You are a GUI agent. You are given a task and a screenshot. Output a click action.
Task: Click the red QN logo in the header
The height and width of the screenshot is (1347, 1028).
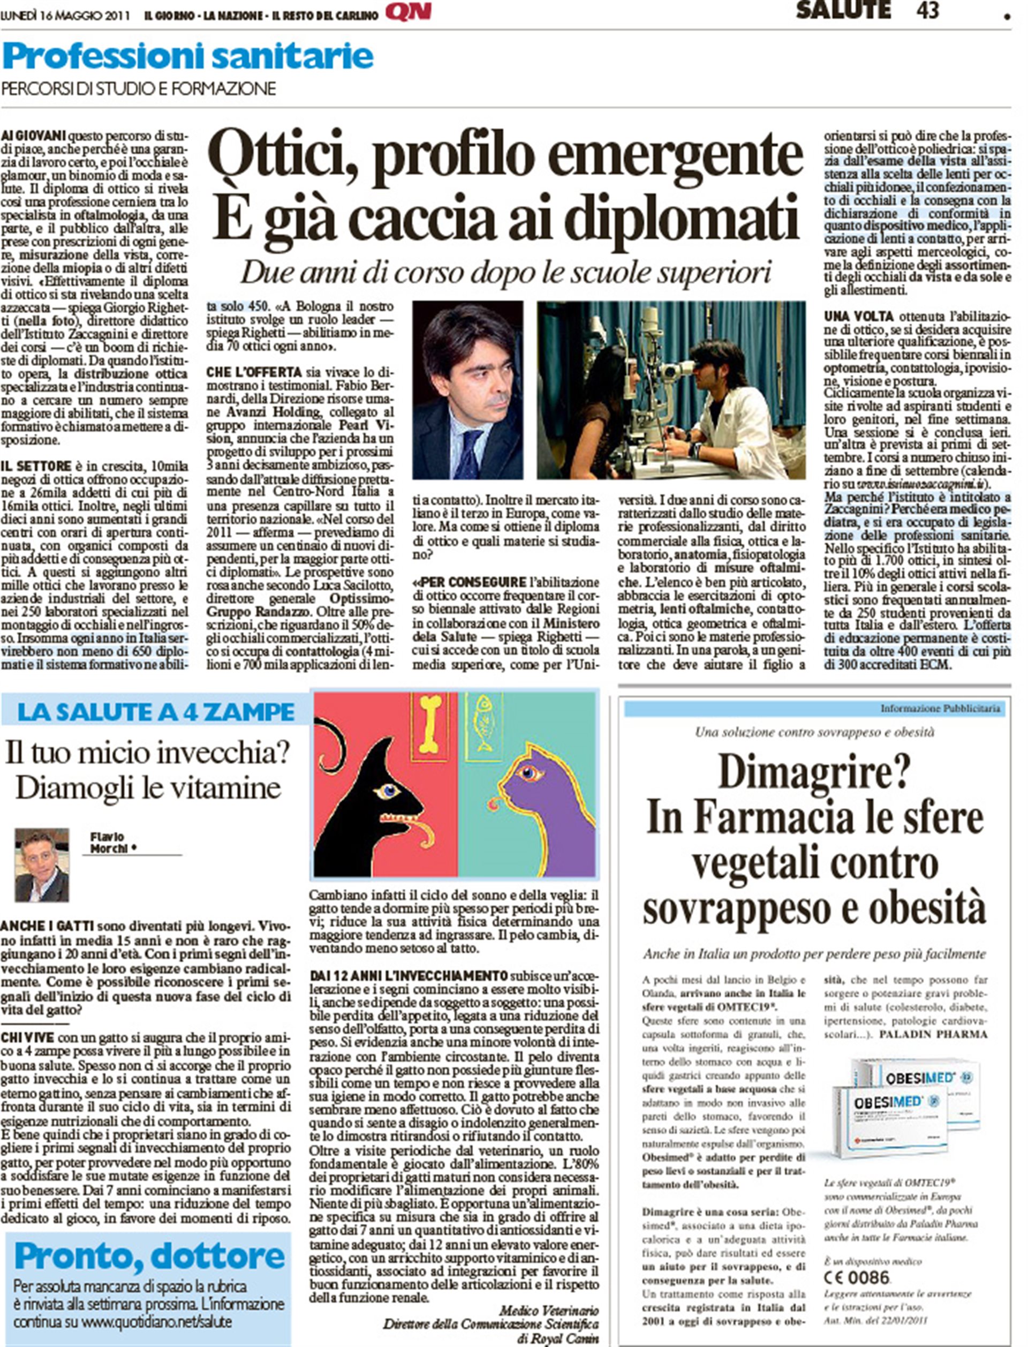408,13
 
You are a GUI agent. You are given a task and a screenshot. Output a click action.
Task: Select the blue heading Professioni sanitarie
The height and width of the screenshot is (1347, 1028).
187,57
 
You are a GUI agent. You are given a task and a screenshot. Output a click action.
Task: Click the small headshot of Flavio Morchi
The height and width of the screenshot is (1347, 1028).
42,866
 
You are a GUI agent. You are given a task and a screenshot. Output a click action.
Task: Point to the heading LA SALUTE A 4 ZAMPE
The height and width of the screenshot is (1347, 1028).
156,712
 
